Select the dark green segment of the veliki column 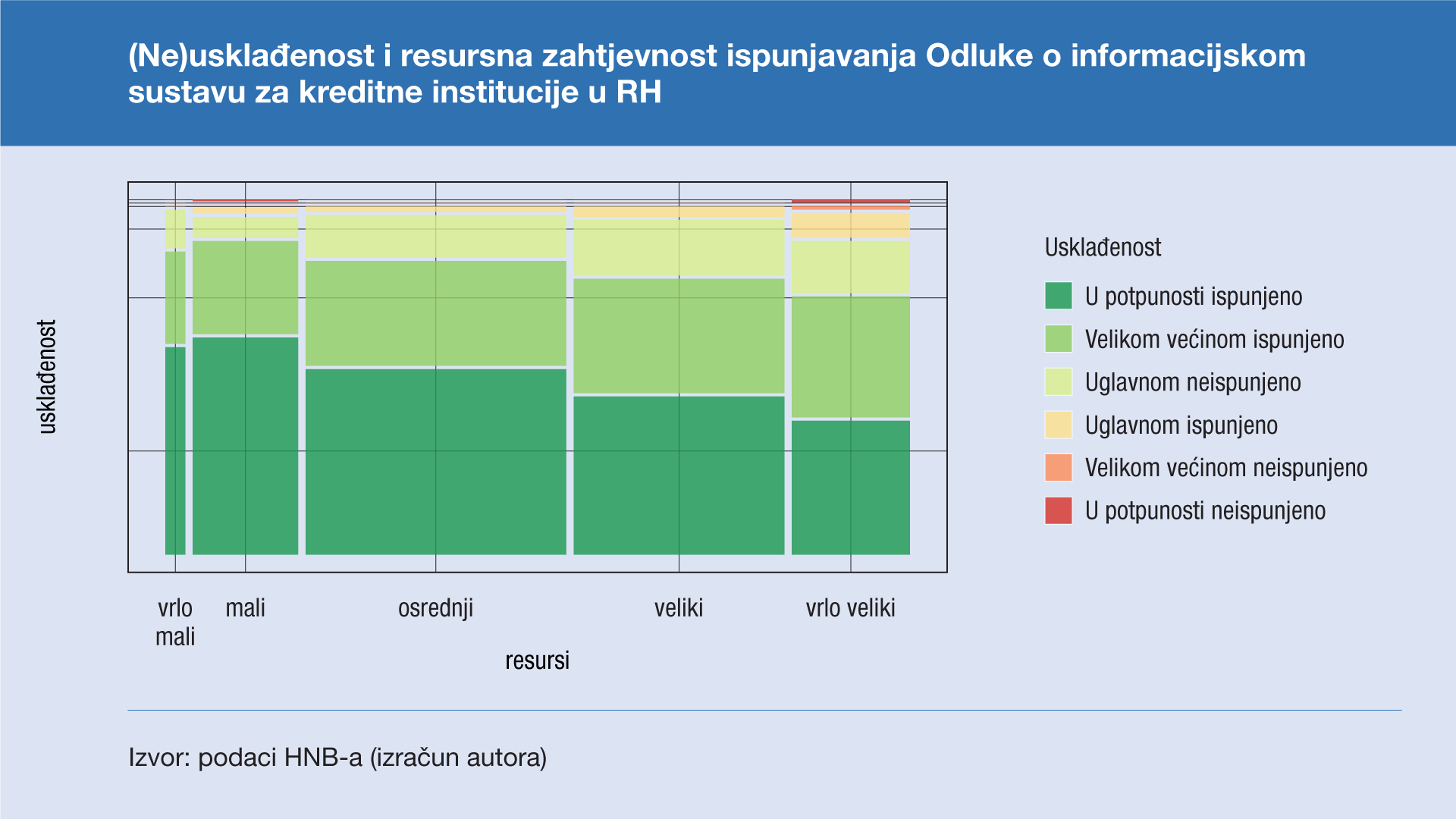(x=679, y=475)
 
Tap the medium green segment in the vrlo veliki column (x=851, y=357)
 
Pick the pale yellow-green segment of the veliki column (x=679, y=247)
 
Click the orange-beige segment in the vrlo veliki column (x=851, y=225)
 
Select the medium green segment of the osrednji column (x=436, y=313)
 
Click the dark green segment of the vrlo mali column (x=175, y=450)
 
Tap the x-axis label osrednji (x=436, y=608)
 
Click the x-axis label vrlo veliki (x=850, y=608)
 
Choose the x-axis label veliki (x=679, y=608)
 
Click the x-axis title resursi (x=537, y=661)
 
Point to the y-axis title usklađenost (x=47, y=377)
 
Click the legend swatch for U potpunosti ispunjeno (x=1059, y=296)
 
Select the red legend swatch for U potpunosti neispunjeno (x=1059, y=510)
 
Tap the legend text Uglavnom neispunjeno (x=1193, y=382)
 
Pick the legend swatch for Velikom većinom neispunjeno (x=1059, y=467)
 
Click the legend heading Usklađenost (x=1103, y=247)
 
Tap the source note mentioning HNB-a (x=337, y=758)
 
